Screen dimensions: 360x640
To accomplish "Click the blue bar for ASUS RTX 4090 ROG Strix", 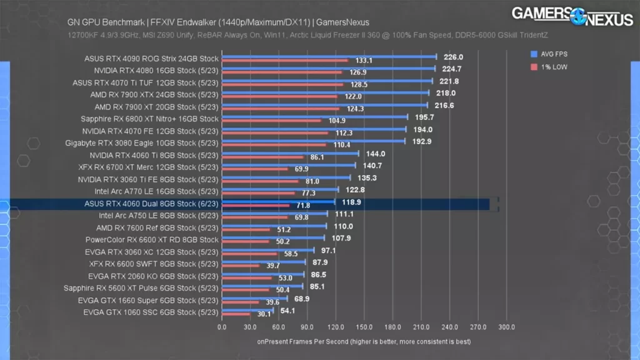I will [x=329, y=56].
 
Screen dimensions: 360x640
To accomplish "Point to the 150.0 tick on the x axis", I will [x=364, y=327].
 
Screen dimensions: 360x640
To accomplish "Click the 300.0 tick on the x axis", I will [x=506, y=327].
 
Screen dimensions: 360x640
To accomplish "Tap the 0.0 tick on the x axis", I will [x=222, y=327].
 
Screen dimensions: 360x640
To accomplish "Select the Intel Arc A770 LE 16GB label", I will [x=156, y=191].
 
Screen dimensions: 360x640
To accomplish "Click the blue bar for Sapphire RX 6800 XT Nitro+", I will [x=314, y=117].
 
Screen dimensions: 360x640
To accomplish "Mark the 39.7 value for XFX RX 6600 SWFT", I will [x=272, y=266].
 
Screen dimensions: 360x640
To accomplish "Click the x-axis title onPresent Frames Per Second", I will [x=363, y=342].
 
